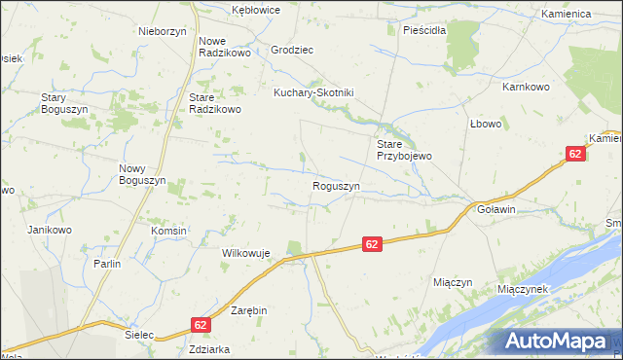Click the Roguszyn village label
pyautogui.click(x=337, y=186)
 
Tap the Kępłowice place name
pyautogui.click(x=256, y=10)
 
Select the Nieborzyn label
pyautogui.click(x=163, y=31)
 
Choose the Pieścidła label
pyautogui.click(x=423, y=30)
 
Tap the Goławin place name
pyautogui.click(x=496, y=209)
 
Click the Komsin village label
pyautogui.click(x=168, y=231)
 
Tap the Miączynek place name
pyautogui.click(x=524, y=290)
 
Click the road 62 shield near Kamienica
pyautogui.click(x=575, y=154)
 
